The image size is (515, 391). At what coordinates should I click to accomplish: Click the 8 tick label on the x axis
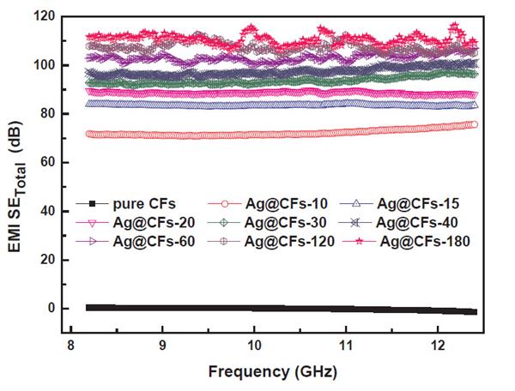pos(71,344)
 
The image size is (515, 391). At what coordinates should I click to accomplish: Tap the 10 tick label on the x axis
pos(254,344)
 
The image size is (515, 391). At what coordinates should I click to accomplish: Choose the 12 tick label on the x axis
pos(437,344)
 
